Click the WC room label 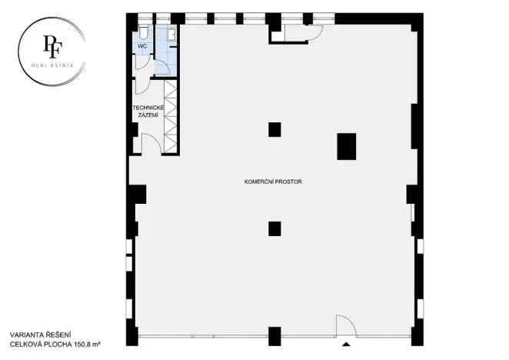click(x=141, y=47)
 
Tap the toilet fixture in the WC click(x=144, y=32)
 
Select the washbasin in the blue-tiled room click(x=171, y=34)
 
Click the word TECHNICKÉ click(x=148, y=108)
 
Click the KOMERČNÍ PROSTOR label click(x=272, y=182)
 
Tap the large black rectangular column click(x=347, y=146)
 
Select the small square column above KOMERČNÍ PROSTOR click(x=274, y=129)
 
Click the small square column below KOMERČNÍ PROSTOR click(x=274, y=228)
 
